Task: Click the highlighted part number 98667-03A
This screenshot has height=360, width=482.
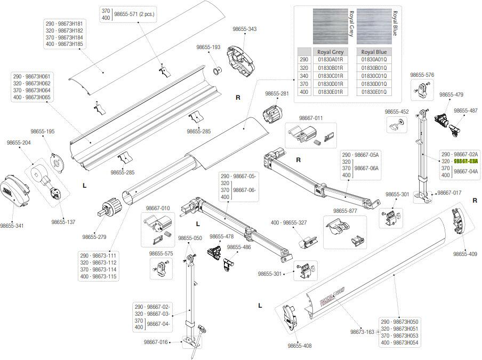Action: [465, 161]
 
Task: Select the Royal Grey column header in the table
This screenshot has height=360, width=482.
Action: [330, 52]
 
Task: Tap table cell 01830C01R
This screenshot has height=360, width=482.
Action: [330, 76]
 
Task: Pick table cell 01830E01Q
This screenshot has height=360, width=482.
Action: [373, 92]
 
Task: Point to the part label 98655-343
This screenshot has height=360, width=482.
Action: [244, 29]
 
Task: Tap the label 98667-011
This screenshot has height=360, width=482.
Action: [311, 118]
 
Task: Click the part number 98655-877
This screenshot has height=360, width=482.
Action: [345, 211]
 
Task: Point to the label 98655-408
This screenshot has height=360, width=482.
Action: [300, 346]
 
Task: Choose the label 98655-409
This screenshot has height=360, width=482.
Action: [465, 254]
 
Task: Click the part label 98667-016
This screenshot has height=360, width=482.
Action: [156, 342]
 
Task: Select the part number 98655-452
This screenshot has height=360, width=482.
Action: [397, 112]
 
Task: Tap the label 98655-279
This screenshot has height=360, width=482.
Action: [94, 237]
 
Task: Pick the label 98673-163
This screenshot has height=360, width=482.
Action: [362, 332]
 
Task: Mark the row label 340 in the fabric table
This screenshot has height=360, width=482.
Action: [304, 76]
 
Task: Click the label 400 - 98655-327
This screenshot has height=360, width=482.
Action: [288, 222]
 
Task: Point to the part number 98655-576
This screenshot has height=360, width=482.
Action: [422, 75]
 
